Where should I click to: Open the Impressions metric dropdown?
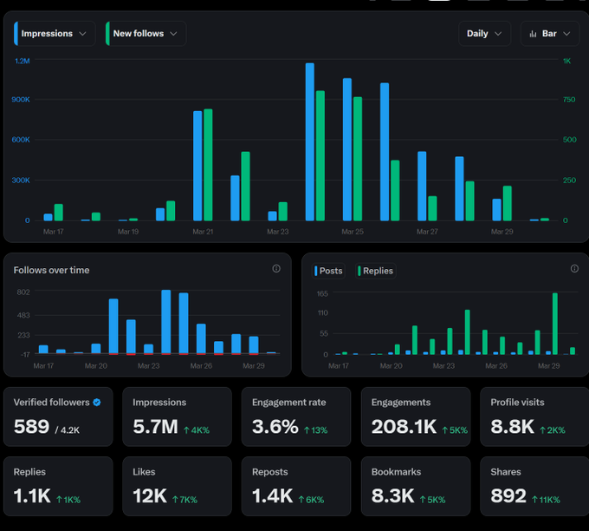pyautogui.click(x=55, y=34)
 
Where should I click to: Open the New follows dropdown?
pyautogui.click(x=146, y=34)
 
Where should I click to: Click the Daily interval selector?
pyautogui.click(x=484, y=34)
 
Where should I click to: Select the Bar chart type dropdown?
pyautogui.click(x=550, y=34)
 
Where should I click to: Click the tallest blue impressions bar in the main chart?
pyautogui.click(x=310, y=142)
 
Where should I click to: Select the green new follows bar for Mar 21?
pyautogui.click(x=208, y=165)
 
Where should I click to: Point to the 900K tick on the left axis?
pyautogui.click(x=21, y=100)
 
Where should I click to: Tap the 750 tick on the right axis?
pyautogui.click(x=569, y=100)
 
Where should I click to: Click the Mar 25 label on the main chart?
pyautogui.click(x=353, y=232)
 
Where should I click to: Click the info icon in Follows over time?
pyautogui.click(x=276, y=268)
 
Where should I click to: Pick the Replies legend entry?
pyautogui.click(x=375, y=271)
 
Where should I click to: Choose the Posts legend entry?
pyautogui.click(x=328, y=271)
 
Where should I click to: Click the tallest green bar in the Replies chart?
pyautogui.click(x=555, y=324)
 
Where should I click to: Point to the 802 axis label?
pyautogui.click(x=23, y=292)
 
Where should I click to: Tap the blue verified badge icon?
pyautogui.click(x=97, y=403)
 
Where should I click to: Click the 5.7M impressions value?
pyautogui.click(x=155, y=427)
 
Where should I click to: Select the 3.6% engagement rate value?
pyautogui.click(x=275, y=427)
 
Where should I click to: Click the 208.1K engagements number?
pyautogui.click(x=404, y=427)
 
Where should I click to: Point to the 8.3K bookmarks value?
pyautogui.click(x=392, y=496)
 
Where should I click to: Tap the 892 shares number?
pyautogui.click(x=508, y=496)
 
